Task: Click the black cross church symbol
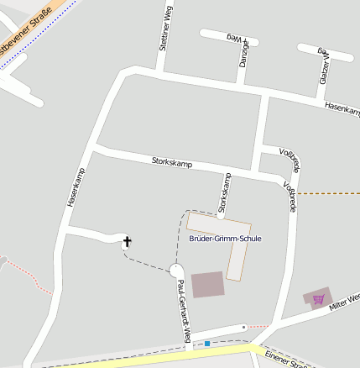pos(128,243)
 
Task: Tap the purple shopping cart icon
pos(318,299)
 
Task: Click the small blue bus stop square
pos(207,343)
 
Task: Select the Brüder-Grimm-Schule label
pos(225,239)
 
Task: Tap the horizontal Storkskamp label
pos(172,162)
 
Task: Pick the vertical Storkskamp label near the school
pos(224,192)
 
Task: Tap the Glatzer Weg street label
pos(323,66)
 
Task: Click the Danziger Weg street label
pos(243,50)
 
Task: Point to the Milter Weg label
pos(344,301)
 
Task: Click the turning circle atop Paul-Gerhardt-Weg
pos(176,271)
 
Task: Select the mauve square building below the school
pos(208,284)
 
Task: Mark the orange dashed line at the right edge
pos(329,193)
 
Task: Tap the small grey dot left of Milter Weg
pos(243,326)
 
